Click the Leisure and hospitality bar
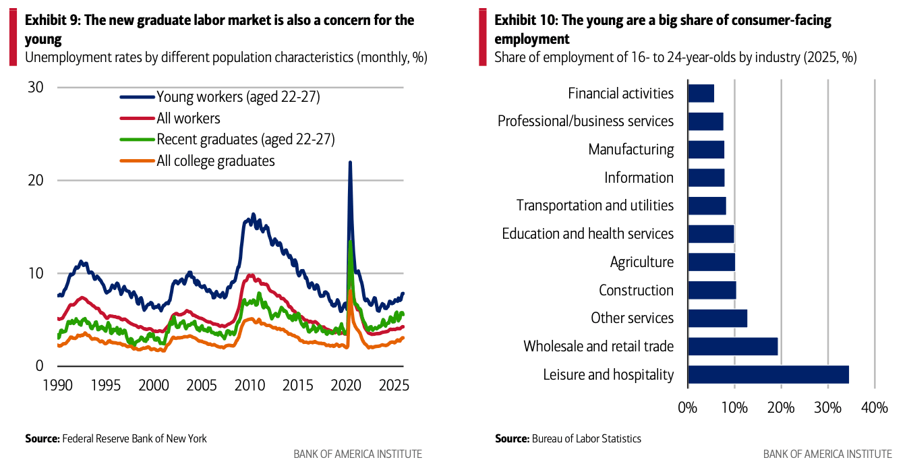768,374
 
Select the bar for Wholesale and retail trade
732,346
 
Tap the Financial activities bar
701,93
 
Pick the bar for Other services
717,318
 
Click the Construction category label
636,290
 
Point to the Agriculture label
641,262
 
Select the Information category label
639,177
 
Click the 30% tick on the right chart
827,408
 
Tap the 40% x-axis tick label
874,408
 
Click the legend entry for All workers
188,119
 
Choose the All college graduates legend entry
215,161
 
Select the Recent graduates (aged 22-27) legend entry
245,140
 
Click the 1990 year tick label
59,386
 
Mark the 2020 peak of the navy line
350,163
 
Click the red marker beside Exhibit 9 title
13,38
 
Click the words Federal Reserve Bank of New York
134,438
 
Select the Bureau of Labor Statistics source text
586,438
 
